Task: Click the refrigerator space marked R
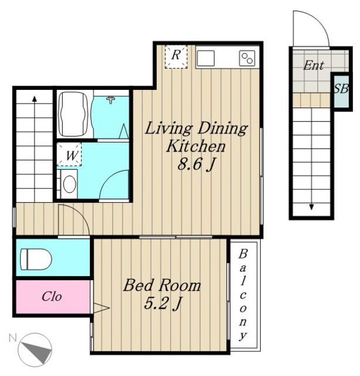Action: (x=176, y=57)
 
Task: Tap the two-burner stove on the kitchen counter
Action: (x=247, y=58)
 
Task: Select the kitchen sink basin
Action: (x=206, y=58)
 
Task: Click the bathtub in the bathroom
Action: (x=73, y=115)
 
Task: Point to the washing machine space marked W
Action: (x=69, y=154)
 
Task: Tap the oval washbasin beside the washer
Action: (x=70, y=184)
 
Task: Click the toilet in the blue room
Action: (x=36, y=259)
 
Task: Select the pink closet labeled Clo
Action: (x=53, y=297)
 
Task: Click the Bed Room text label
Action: (x=162, y=286)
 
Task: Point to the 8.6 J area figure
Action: (x=196, y=164)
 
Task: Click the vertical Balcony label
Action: (x=243, y=295)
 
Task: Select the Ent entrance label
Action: (x=314, y=65)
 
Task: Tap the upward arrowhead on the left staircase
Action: (x=35, y=99)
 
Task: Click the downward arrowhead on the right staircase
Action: (x=311, y=207)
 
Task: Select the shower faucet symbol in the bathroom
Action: (x=110, y=99)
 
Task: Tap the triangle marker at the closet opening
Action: (x=101, y=308)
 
